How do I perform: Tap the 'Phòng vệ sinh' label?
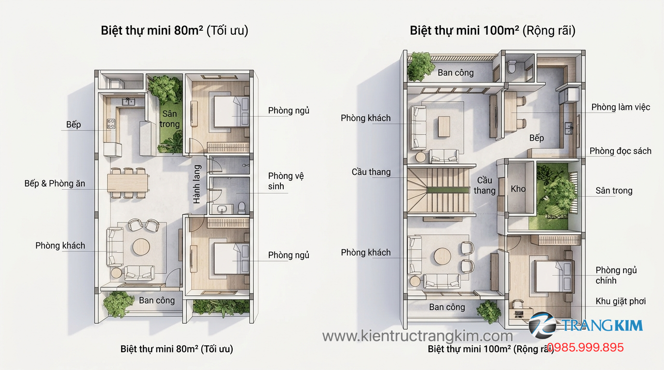286,181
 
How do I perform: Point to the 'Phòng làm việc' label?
621,107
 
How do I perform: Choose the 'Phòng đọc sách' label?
620,151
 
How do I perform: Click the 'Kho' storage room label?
518,189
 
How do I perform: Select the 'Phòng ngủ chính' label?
616,275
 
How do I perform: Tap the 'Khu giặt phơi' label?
621,302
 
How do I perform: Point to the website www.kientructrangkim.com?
417,336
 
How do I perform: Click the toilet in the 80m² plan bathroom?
242,207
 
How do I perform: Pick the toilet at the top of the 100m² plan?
512,66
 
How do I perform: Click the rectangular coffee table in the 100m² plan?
443,126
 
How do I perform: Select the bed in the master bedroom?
553,275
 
